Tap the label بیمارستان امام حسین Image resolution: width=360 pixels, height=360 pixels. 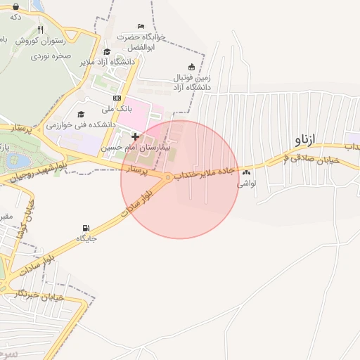[131, 148]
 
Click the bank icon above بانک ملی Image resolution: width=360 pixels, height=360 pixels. [117, 98]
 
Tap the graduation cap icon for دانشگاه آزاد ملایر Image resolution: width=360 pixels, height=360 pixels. [106, 51]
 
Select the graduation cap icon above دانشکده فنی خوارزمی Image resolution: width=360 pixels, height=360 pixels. [81, 114]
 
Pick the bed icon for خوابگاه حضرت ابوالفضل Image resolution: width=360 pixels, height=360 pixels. [141, 27]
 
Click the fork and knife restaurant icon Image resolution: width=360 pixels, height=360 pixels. [39, 30]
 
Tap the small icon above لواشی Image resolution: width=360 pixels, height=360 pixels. [245, 172]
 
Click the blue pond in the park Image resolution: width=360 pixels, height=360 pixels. [13, 160]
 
